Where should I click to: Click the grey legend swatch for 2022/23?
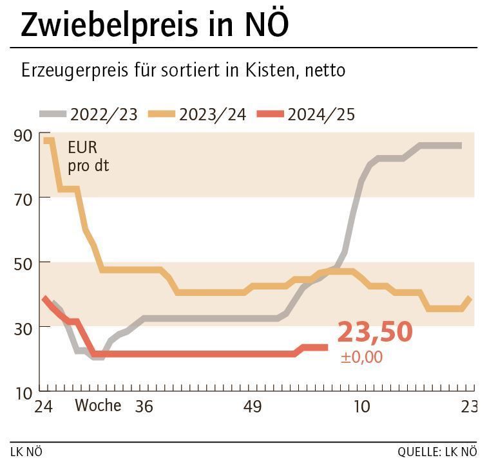pyautogui.click(x=52, y=114)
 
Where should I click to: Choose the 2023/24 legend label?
pyautogui.click(x=213, y=115)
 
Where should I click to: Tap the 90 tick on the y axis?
pyautogui.click(x=23, y=135)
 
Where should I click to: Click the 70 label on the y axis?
pyautogui.click(x=23, y=198)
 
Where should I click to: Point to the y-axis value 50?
pyautogui.click(x=23, y=262)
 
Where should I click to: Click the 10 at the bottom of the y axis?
pyautogui.click(x=23, y=391)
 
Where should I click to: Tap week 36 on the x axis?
pyautogui.click(x=144, y=407)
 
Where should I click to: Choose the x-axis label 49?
pyautogui.click(x=253, y=407)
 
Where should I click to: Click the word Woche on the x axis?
pyautogui.click(x=98, y=406)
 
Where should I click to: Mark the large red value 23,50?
pyautogui.click(x=374, y=332)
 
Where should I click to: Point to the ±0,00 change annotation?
pyautogui.click(x=361, y=357)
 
